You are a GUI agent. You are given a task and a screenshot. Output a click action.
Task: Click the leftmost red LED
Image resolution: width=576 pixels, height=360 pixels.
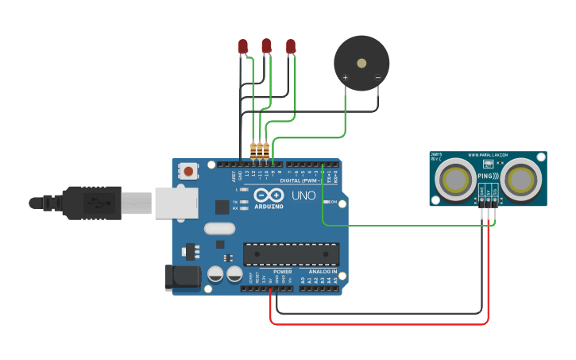point(243,47)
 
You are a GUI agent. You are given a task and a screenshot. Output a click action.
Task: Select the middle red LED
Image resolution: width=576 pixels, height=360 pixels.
point(266,45)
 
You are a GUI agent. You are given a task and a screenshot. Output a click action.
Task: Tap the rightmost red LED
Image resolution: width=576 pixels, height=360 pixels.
point(291,46)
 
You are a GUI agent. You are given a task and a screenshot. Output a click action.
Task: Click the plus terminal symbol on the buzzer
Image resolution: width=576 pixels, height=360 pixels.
point(346,78)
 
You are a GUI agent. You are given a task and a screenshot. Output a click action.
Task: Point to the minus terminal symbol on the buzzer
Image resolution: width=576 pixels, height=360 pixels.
point(377,78)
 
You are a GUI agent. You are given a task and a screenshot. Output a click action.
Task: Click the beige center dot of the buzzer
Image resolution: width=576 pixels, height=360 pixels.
point(361,62)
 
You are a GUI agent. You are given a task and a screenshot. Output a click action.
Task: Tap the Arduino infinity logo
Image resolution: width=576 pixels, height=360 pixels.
point(269,193)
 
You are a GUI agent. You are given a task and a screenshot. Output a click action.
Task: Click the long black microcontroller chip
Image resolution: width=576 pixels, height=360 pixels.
point(291,254)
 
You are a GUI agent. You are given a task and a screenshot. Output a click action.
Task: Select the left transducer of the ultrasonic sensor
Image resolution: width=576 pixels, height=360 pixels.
point(455,178)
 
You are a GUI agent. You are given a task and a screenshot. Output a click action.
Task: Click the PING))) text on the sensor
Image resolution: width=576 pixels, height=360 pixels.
point(488,176)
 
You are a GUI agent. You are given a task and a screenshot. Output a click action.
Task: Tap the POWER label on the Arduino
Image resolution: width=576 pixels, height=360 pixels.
point(282,271)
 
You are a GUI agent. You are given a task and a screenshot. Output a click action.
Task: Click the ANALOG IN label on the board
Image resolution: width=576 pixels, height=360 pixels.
point(323,271)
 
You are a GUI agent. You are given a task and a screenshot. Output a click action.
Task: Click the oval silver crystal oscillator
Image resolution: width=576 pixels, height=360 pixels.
point(219,229)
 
